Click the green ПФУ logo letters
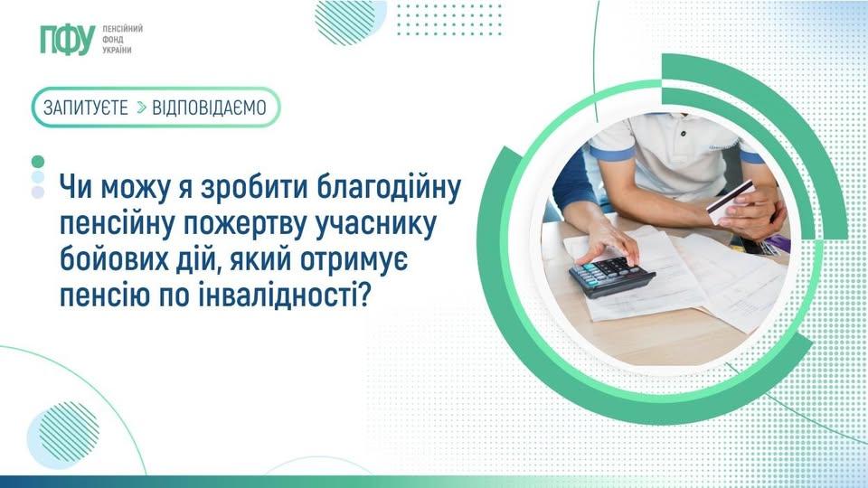pyautogui.click(x=67, y=41)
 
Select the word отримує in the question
pyautogui.click(x=399, y=259)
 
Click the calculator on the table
pyautogui.click(x=611, y=275)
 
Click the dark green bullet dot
pyautogui.click(x=37, y=161)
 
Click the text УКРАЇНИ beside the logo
pyautogui.click(x=118, y=51)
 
